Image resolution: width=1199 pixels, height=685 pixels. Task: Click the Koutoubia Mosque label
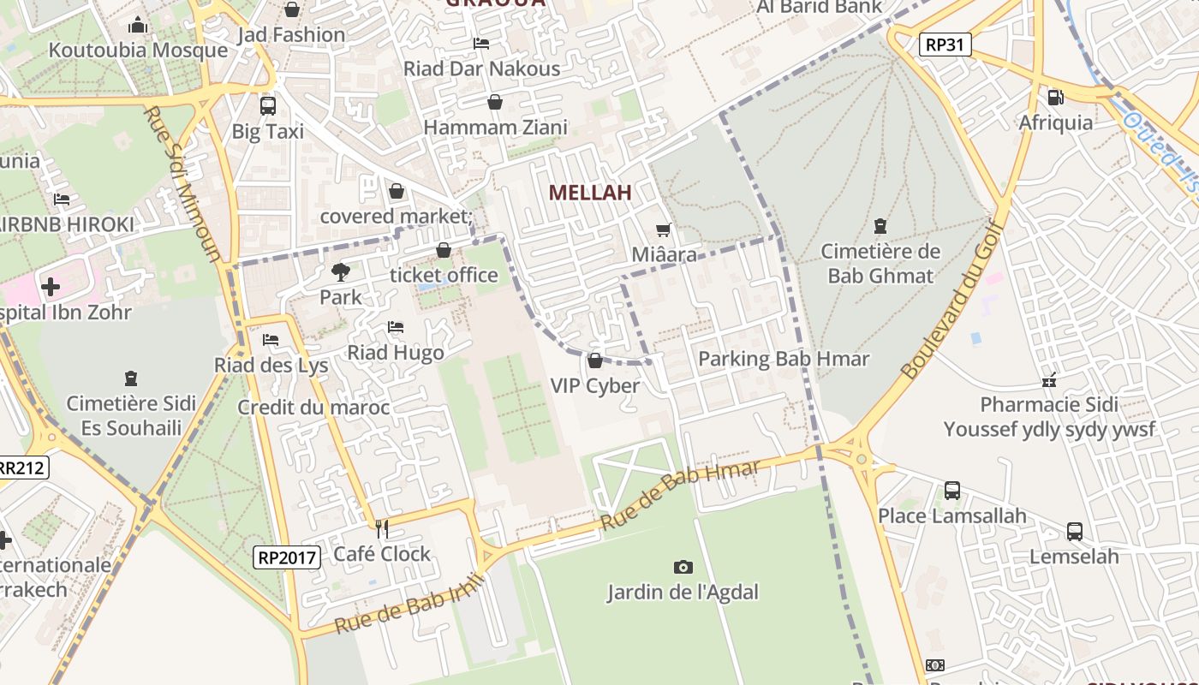coord(138,50)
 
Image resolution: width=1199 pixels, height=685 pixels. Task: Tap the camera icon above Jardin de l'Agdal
coord(683,567)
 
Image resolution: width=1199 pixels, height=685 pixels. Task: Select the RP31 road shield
coord(945,45)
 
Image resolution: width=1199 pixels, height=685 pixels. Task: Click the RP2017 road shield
coord(288,557)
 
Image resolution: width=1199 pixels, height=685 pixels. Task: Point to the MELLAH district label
coord(590,193)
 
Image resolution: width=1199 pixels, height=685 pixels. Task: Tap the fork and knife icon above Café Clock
coord(382,528)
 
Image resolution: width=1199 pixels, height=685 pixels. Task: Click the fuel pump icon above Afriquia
coord(1055,98)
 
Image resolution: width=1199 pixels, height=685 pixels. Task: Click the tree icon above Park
coord(341,272)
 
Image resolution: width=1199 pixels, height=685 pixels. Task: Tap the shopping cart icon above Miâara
coord(663,229)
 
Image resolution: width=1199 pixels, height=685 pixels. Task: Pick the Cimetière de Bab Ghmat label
coord(880,264)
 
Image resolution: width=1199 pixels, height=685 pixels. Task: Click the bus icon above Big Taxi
coord(268,106)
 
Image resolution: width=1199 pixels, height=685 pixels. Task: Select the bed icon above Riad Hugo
coord(395,327)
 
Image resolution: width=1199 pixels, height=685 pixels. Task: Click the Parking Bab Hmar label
coord(784,359)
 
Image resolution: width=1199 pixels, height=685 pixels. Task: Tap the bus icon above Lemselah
coord(1074,532)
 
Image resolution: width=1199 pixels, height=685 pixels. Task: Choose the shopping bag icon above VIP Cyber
coord(595,360)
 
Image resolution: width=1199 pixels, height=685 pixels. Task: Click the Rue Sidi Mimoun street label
coord(182,183)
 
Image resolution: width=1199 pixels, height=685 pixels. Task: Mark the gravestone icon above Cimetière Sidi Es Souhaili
coord(131,378)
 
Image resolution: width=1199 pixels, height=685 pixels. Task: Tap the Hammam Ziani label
coord(496,128)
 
